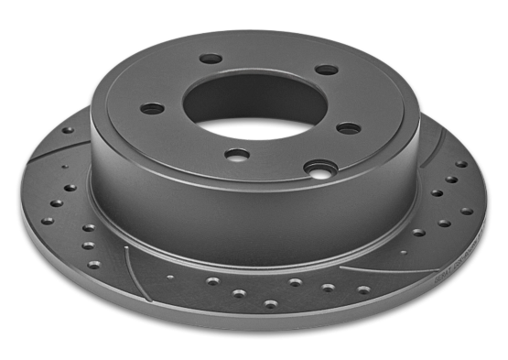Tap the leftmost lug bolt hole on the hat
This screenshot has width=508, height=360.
(x=152, y=109)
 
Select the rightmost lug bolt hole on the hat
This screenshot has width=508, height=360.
(x=349, y=128)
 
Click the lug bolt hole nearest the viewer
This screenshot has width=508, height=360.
(x=237, y=155)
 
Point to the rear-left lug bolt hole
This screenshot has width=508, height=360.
(x=211, y=60)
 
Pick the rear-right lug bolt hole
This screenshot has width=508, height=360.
(x=326, y=70)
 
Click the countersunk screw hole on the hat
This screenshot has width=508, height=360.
(x=319, y=169)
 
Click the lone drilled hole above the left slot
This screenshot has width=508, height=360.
(x=68, y=130)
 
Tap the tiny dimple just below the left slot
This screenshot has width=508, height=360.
(x=64, y=167)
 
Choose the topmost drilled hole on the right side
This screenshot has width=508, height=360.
(x=461, y=164)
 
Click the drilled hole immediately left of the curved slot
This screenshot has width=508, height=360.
(x=94, y=265)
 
